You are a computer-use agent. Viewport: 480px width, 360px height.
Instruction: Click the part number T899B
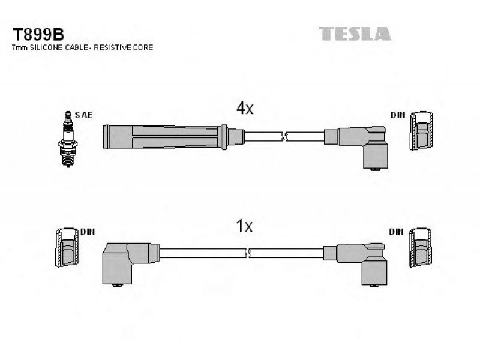tap(38, 34)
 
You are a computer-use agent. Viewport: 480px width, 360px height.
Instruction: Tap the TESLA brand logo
tap(355, 34)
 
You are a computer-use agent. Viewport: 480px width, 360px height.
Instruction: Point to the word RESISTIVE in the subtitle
tap(112, 47)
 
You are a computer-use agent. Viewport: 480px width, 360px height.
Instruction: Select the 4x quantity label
tap(245, 108)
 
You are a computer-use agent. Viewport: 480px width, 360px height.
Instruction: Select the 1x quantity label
tap(244, 226)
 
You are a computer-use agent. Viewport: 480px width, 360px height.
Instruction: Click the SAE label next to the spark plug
tap(83, 115)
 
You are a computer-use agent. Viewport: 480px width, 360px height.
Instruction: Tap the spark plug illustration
tap(68, 139)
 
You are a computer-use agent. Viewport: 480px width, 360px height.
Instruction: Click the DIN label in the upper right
tap(398, 115)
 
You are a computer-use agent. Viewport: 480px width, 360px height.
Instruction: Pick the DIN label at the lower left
tap(88, 232)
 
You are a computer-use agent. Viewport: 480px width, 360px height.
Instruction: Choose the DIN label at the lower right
tap(396, 232)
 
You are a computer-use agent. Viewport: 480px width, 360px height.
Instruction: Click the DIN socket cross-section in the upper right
tap(422, 131)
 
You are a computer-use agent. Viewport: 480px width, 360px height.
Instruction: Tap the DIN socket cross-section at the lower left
tap(67, 247)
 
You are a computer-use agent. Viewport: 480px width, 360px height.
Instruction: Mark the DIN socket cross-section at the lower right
tap(421, 247)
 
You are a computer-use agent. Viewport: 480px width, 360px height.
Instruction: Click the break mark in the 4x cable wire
tap(284, 137)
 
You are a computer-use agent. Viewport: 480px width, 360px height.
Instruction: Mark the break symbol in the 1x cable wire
tap(248, 253)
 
